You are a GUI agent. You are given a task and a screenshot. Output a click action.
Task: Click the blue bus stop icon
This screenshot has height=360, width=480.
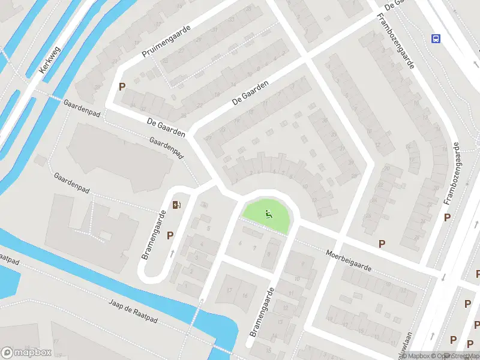click(436, 39)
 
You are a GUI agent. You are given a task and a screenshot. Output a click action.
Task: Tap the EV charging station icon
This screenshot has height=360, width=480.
click(176, 205)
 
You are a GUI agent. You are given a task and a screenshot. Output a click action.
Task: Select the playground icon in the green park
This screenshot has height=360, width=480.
click(268, 213)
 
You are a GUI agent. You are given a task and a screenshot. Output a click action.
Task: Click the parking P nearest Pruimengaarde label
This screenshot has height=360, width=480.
click(122, 86)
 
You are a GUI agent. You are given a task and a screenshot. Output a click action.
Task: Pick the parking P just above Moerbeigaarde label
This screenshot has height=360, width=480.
click(382, 244)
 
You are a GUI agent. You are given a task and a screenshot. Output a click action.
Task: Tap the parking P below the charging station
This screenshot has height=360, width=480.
click(170, 236)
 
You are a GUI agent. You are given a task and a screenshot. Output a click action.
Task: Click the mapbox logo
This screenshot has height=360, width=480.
click(26, 353)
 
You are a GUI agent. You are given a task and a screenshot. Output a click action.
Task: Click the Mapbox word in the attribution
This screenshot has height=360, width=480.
click(418, 356)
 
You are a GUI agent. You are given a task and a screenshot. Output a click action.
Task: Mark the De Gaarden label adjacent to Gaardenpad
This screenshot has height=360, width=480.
click(166, 127)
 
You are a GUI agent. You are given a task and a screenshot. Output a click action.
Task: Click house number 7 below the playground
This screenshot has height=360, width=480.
click(255, 247)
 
